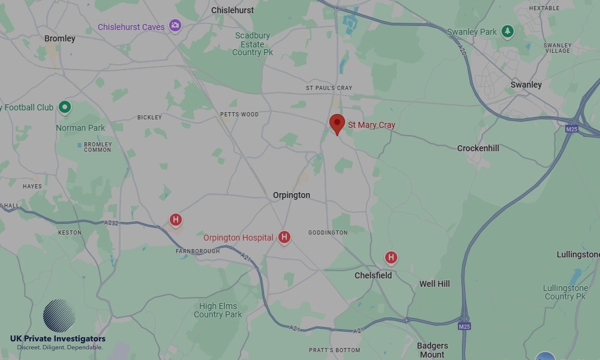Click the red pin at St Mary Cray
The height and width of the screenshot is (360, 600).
click(x=337, y=124)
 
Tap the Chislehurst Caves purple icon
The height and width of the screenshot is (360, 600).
click(x=175, y=25)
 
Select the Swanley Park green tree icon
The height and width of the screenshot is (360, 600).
click(x=508, y=31)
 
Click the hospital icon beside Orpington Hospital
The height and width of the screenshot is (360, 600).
click(x=284, y=238)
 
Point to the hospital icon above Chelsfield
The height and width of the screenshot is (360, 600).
click(x=391, y=258)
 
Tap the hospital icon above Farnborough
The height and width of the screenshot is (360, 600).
click(x=176, y=220)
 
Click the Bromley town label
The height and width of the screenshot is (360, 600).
click(x=60, y=38)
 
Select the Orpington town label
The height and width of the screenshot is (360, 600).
click(x=292, y=195)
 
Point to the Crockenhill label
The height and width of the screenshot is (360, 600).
click(x=478, y=148)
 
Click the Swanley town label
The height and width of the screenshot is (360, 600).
click(x=526, y=85)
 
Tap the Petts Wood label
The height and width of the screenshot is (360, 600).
click(x=239, y=114)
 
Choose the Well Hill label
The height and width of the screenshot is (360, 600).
click(x=434, y=284)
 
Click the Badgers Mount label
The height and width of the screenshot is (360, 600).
click(x=432, y=350)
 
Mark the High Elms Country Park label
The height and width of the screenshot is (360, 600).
click(x=218, y=310)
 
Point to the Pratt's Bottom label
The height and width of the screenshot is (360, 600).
click(x=335, y=350)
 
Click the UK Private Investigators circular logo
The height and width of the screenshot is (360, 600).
click(x=59, y=316)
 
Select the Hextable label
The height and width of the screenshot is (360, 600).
click(x=544, y=8)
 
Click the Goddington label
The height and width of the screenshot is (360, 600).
click(x=328, y=232)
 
